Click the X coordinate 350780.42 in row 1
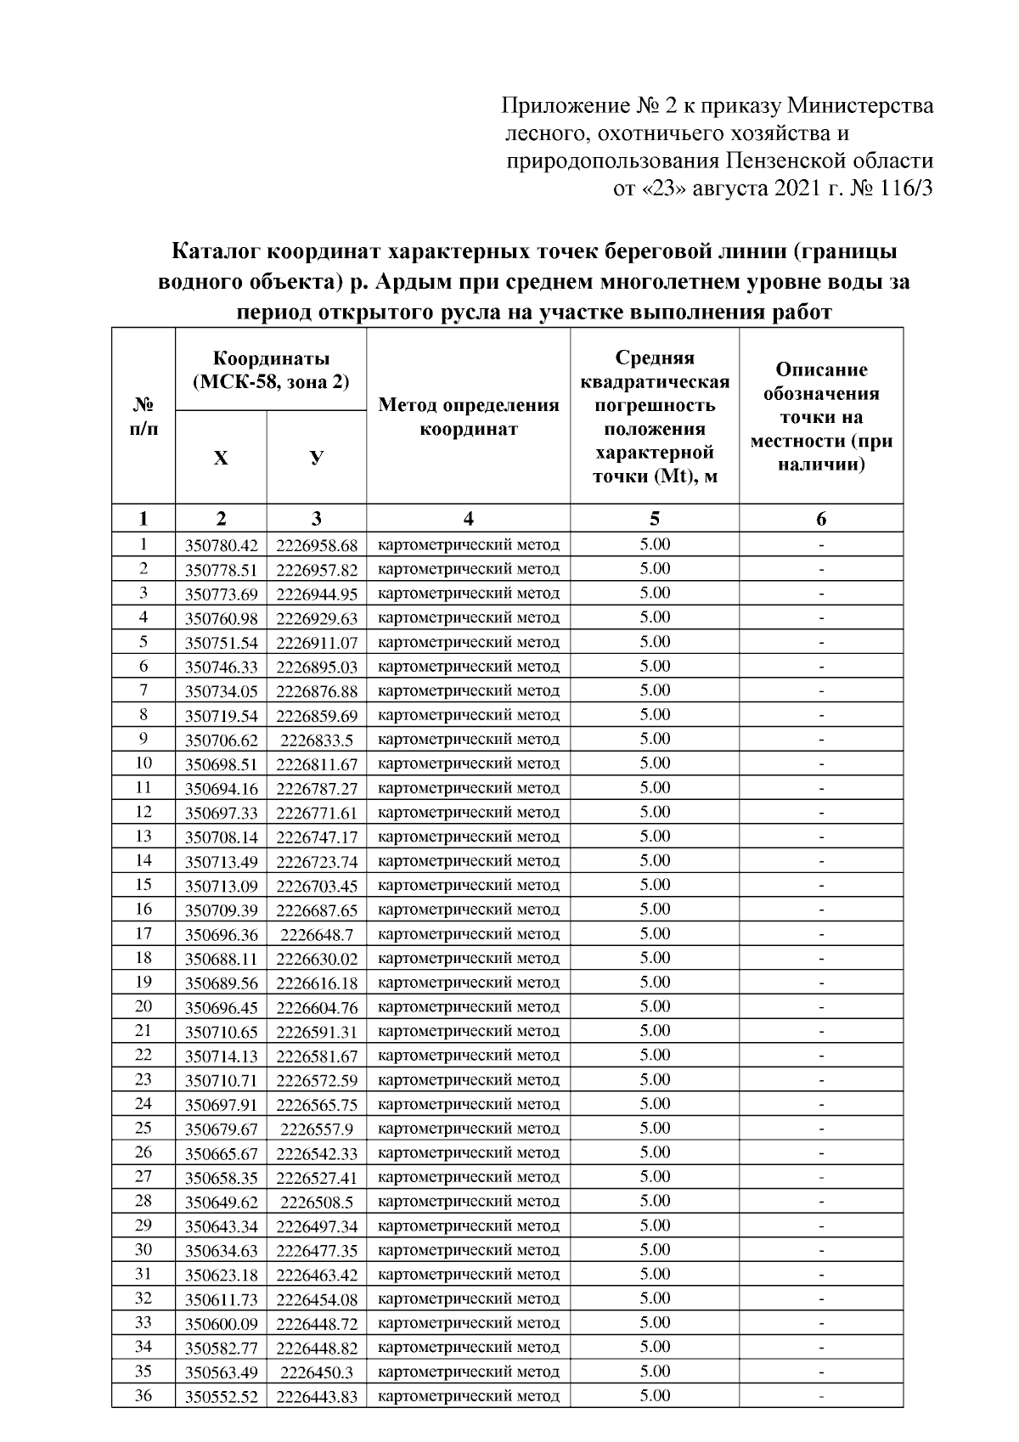[x=221, y=545]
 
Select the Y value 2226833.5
[x=317, y=740]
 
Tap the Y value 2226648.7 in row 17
[x=317, y=934]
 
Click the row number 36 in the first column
[x=144, y=1394]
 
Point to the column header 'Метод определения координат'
[x=468, y=417]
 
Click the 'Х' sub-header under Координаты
[x=221, y=459]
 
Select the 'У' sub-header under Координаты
[x=316, y=459]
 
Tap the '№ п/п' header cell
[x=144, y=417]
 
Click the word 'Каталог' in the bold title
[x=217, y=252]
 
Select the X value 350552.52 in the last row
[x=221, y=1396]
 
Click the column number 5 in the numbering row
[x=654, y=519]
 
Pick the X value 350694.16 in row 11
[x=221, y=789]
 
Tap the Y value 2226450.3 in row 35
[x=317, y=1372]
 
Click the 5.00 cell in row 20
[x=654, y=1006]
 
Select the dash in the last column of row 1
[x=821, y=545]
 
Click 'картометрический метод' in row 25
[x=468, y=1129]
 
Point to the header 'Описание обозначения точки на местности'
[x=820, y=417]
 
